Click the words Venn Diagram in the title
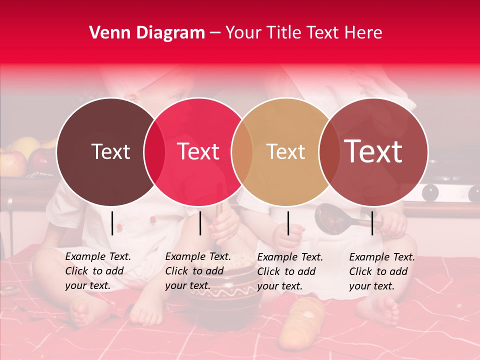[147, 33]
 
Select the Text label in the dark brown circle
[111, 151]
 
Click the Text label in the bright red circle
[198, 151]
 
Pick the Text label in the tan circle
[286, 151]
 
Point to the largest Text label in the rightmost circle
[373, 151]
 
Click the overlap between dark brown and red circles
[154, 152]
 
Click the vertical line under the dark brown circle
[112, 223]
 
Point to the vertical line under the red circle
[200, 223]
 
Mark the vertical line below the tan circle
[288, 223]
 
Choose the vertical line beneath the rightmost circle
[372, 223]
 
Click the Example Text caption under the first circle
[97, 271]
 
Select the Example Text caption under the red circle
[197, 271]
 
